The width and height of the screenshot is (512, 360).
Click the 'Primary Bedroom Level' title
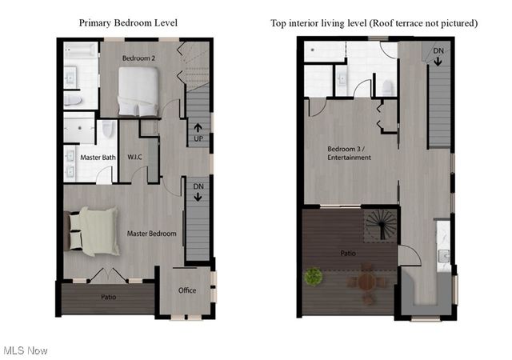click(128, 22)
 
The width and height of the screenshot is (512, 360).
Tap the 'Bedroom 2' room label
click(138, 59)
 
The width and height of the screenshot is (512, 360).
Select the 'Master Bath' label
click(98, 158)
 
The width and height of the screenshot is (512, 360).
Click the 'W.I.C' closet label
click(135, 158)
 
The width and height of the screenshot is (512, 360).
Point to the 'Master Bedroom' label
click(151, 234)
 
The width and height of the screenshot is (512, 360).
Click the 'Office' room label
click(187, 290)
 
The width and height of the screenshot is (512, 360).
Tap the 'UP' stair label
click(197, 132)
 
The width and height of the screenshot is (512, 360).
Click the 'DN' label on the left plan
click(198, 191)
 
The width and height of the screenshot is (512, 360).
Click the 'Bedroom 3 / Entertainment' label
click(349, 153)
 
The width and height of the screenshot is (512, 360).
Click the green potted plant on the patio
click(313, 277)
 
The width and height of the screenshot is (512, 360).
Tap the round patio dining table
click(366, 282)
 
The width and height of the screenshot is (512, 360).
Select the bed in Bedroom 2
click(140, 91)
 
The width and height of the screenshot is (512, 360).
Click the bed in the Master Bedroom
click(93, 231)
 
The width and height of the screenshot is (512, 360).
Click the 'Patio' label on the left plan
click(108, 297)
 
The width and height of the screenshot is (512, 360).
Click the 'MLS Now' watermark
click(26, 350)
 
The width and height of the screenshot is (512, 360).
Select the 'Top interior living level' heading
click(374, 22)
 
